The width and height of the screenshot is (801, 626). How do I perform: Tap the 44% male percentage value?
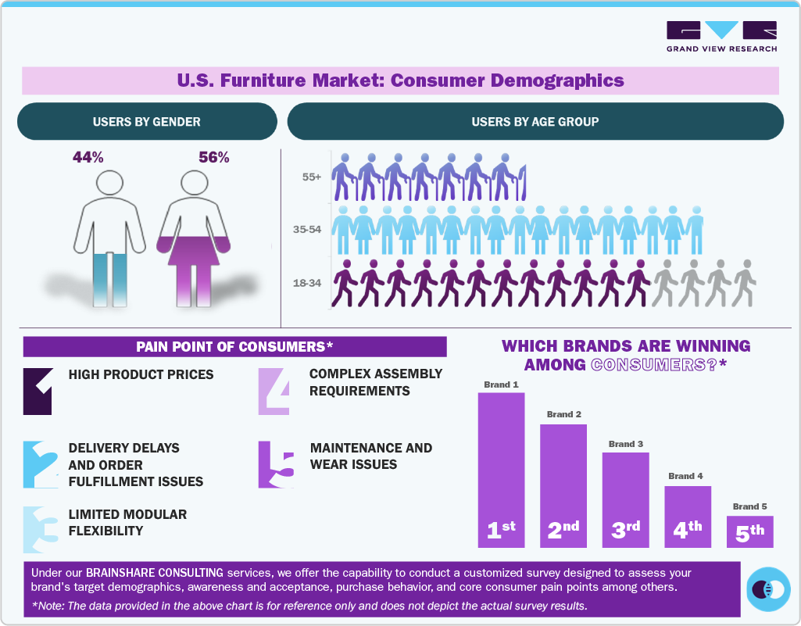(88, 157)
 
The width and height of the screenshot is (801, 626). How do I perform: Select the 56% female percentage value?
(214, 157)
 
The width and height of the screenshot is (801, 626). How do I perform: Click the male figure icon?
(110, 234)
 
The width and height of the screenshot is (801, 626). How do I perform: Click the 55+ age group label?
(312, 177)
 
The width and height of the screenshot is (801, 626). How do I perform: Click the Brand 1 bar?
(501, 469)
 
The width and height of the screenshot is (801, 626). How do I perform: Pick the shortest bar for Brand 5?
(749, 531)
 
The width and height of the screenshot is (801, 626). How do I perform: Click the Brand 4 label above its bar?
(686, 476)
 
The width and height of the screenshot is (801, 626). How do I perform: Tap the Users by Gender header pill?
(147, 122)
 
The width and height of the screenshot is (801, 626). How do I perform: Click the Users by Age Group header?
(535, 122)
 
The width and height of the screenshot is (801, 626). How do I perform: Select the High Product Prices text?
(141, 374)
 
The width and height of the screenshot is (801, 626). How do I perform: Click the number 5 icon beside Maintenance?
(276, 465)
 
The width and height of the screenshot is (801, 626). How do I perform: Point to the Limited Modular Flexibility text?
(128, 522)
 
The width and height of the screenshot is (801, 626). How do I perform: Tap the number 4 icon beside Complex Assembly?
(276, 391)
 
